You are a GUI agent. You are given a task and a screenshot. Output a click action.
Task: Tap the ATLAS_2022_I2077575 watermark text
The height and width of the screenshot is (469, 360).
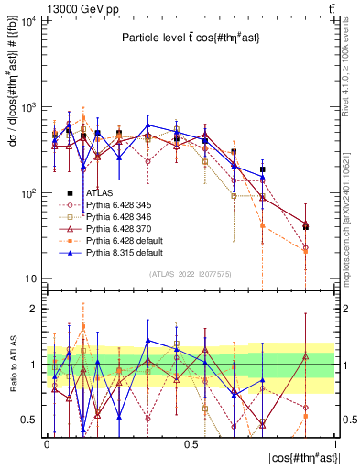(191, 274)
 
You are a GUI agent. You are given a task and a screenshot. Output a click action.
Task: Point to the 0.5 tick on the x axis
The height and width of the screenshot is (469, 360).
(191, 443)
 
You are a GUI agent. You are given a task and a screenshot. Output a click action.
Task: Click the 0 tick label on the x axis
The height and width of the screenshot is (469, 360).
(47, 443)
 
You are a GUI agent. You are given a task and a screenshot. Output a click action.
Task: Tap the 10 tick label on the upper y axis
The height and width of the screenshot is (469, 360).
(30, 279)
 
